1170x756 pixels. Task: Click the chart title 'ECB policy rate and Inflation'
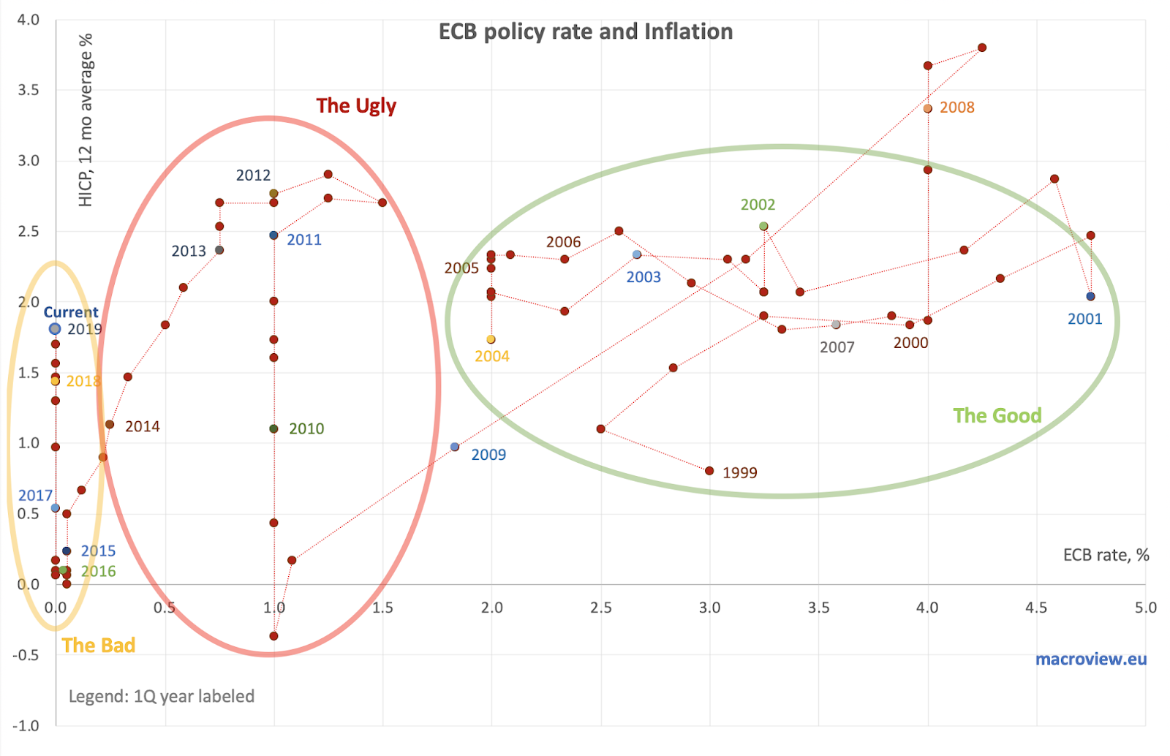[585, 31]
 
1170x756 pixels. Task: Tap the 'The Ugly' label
[356, 106]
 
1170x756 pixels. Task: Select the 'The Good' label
[997, 415]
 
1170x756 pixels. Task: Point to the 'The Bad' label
[99, 645]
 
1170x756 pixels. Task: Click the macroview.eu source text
[1090, 659]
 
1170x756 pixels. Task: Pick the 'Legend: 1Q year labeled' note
[162, 696]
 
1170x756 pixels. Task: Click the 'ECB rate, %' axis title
[1106, 555]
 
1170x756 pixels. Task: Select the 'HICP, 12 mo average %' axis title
[86, 120]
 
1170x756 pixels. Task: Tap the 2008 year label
[956, 107]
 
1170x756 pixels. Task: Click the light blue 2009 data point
[455, 447]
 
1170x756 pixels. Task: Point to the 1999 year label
[739, 472]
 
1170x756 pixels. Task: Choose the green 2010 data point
[274, 428]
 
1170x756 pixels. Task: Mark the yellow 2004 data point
[491, 339]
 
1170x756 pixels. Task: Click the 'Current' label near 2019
[71, 312]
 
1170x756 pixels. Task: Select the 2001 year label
[1084, 319]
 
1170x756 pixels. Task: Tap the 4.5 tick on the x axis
[1036, 608]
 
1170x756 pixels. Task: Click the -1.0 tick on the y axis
[26, 725]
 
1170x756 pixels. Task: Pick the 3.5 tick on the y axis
[29, 90]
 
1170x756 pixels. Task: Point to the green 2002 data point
[763, 227]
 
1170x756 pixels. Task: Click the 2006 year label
[563, 242]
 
